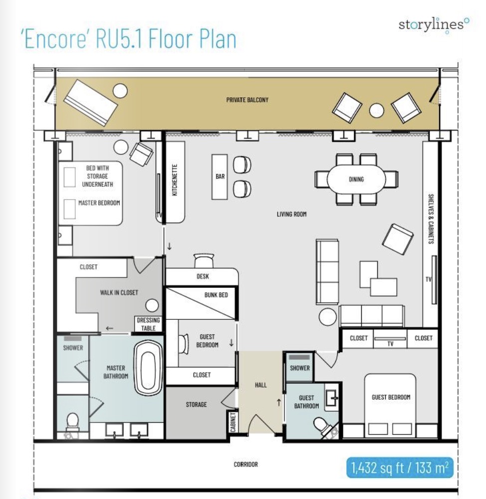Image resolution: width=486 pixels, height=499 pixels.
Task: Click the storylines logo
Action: pyautogui.click(x=434, y=25)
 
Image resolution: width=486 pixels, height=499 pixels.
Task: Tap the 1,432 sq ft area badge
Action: pyautogui.click(x=400, y=468)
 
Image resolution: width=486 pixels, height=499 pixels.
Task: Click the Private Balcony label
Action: pyautogui.click(x=247, y=100)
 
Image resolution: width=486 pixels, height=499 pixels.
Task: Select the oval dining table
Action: pyautogui.click(x=356, y=179)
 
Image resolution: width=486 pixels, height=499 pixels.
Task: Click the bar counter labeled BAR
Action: pyautogui.click(x=220, y=177)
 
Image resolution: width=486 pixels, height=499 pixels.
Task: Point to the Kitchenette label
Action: pyautogui.click(x=175, y=180)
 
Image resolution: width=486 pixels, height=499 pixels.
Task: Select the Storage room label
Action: pyautogui.click(x=196, y=405)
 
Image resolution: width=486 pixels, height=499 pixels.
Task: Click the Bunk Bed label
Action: pyautogui.click(x=216, y=295)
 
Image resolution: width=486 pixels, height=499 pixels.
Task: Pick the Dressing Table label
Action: pyautogui.click(x=148, y=324)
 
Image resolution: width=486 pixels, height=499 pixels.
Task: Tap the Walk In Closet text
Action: pyautogui.click(x=119, y=292)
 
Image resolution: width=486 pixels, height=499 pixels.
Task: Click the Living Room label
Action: pyautogui.click(x=291, y=214)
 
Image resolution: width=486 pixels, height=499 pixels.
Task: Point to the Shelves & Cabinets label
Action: pyautogui.click(x=431, y=219)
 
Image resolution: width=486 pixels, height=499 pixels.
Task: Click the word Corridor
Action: pyautogui.click(x=245, y=464)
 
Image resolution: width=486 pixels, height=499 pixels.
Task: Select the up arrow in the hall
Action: pyautogui.click(x=279, y=403)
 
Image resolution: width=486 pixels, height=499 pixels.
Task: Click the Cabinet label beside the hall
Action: pyautogui.click(x=233, y=422)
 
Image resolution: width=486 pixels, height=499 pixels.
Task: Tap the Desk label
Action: pyautogui.click(x=203, y=276)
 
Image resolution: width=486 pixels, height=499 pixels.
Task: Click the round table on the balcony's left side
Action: pyautogui.click(x=120, y=91)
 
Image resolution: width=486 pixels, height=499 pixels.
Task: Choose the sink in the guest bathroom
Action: pyautogui.click(x=332, y=398)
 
